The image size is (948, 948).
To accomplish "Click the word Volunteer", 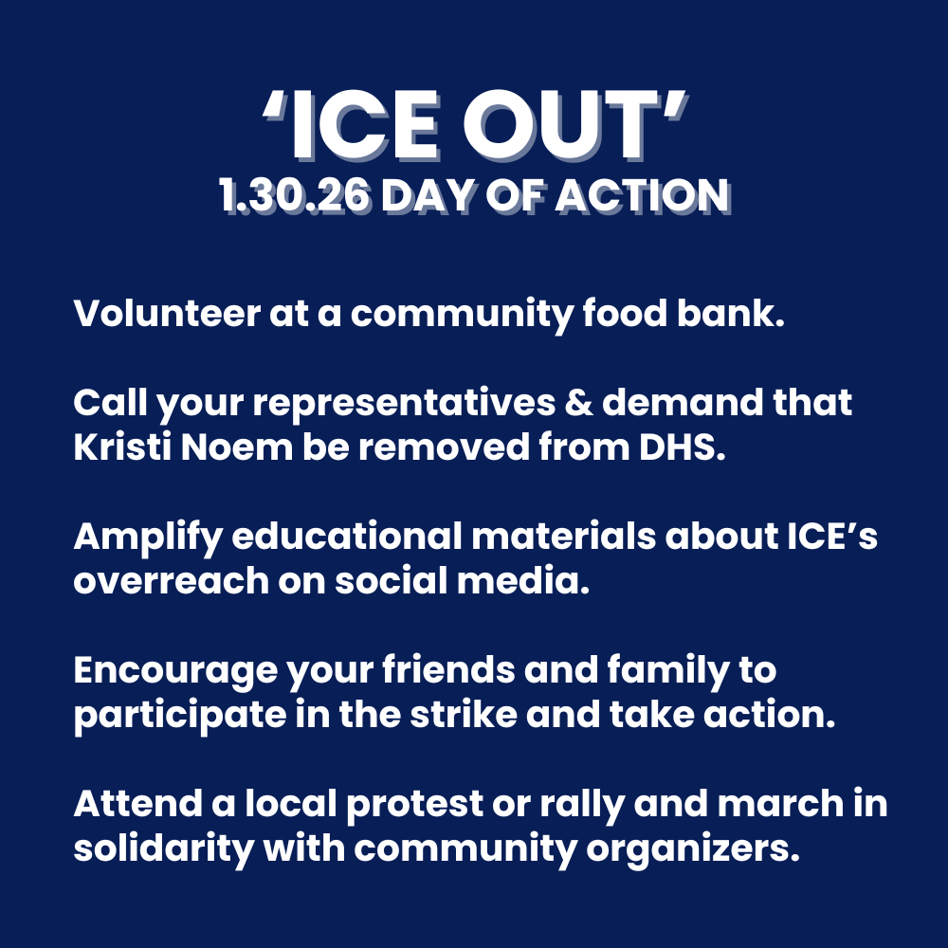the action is (167, 313).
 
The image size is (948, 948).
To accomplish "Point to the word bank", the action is (730, 313).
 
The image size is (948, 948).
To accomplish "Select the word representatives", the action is (403, 404).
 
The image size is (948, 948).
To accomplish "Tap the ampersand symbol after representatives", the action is (578, 403).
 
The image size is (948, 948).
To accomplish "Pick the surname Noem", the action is (236, 447).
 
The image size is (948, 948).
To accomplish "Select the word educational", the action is (347, 537).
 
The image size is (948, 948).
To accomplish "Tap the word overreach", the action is (171, 581).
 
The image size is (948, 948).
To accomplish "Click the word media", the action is (523, 581).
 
